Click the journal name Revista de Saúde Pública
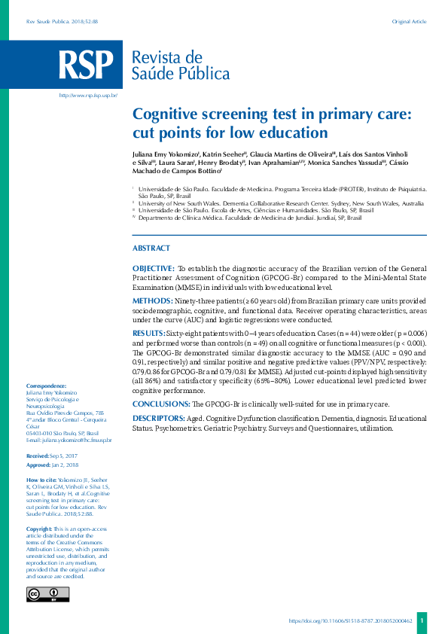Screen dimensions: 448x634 coord(180,66)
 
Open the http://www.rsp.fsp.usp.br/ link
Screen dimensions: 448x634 coord(87,96)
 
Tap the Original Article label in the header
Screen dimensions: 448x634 coord(409,22)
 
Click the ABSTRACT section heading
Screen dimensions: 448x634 coord(151,248)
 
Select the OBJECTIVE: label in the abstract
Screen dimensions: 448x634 coord(153,268)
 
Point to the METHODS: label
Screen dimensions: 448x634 coord(152,300)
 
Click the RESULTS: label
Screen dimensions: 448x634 coord(148,332)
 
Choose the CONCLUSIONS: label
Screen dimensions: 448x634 coord(160,404)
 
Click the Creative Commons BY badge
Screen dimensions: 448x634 coord(47,594)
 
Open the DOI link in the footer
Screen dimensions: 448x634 coord(351,621)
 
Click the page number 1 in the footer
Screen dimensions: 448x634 coord(422,621)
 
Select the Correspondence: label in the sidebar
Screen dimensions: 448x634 coord(46,386)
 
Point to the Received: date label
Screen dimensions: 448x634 coord(38,456)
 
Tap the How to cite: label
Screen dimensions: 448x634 coord(41,480)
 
